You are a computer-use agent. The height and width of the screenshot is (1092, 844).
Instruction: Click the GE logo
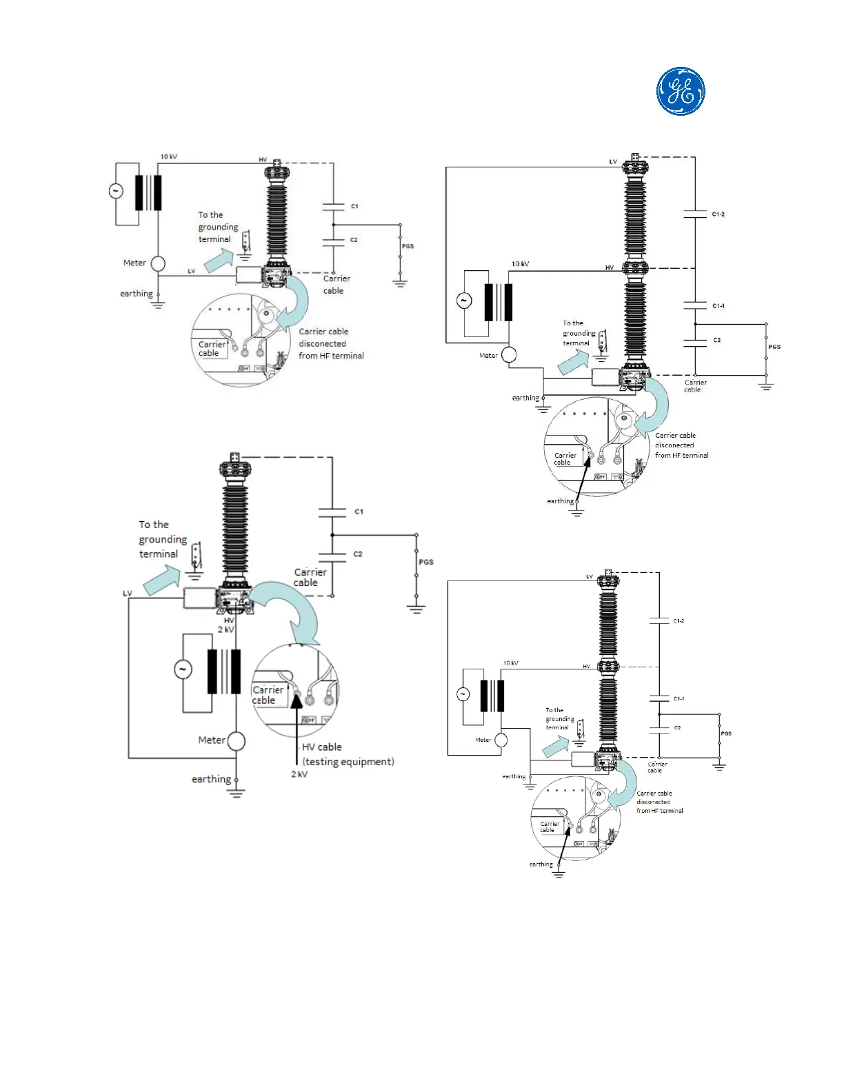681,91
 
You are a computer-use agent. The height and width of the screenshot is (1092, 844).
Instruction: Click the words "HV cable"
321,747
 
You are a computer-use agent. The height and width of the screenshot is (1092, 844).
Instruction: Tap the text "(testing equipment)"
348,762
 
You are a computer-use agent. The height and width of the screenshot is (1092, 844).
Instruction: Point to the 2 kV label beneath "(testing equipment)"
299,774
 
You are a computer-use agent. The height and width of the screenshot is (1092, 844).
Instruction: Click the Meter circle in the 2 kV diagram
237,741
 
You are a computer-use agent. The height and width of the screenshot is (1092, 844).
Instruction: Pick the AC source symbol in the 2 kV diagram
183,669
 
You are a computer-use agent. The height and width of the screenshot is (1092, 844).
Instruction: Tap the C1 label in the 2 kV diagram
359,512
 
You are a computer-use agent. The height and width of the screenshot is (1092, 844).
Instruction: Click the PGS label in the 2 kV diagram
426,562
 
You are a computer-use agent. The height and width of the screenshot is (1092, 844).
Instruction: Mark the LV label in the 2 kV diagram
128,594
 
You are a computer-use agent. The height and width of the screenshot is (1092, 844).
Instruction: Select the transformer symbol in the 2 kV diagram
224,671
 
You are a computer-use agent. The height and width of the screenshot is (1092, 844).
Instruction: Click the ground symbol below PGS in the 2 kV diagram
416,608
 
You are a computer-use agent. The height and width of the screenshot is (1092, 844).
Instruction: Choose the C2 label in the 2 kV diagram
358,554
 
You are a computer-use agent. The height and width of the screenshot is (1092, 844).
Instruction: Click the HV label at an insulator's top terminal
263,160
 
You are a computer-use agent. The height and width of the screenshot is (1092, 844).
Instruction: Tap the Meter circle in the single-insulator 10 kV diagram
158,263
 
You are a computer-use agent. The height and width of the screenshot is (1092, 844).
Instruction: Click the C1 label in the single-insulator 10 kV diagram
354,206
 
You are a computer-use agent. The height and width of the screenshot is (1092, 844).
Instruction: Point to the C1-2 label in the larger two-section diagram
718,214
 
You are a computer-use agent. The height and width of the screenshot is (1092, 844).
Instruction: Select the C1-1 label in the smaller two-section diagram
679,698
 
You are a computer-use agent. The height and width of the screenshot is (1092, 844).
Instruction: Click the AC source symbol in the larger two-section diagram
463,301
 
